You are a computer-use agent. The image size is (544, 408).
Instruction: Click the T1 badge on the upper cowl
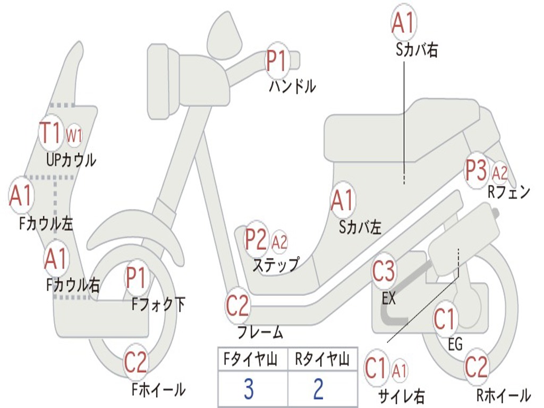pyautogui.click(x=51, y=133)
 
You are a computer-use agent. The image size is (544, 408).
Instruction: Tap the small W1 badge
pyautogui.click(x=74, y=135)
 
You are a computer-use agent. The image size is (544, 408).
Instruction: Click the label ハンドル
pyautogui.click(x=292, y=86)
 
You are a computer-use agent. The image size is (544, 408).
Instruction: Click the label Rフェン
pyautogui.click(x=509, y=192)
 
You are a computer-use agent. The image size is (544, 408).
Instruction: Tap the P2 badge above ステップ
pyautogui.click(x=256, y=240)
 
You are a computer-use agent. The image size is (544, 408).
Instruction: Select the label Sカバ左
pyautogui.click(x=360, y=227)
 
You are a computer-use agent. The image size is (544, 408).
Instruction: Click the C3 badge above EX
pyautogui.click(x=384, y=272)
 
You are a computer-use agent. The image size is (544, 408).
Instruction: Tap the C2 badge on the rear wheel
pyautogui.click(x=476, y=367)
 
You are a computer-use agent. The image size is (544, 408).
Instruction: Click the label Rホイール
pyautogui.click(x=503, y=395)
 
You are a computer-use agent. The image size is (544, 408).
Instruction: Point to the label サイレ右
pyautogui.click(x=401, y=396)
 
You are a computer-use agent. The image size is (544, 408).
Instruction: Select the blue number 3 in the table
pyautogui.click(x=249, y=389)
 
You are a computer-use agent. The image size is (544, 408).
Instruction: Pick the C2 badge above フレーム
pyautogui.click(x=237, y=305)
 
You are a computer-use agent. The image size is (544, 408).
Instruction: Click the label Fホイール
pyautogui.click(x=158, y=389)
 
